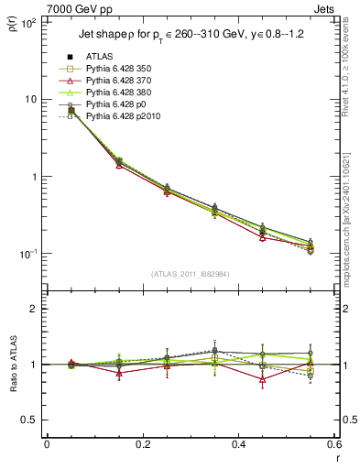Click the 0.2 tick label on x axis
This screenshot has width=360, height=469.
click(142, 445)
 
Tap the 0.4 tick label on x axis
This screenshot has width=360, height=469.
click(237, 445)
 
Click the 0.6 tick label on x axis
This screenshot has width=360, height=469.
click(333, 445)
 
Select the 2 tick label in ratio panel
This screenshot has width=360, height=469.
click(35, 310)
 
